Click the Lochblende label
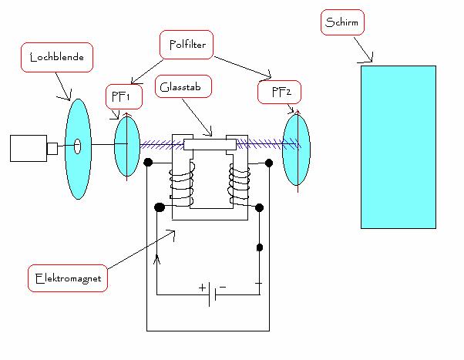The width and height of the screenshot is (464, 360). (57, 57)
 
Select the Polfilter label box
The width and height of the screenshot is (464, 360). (187, 45)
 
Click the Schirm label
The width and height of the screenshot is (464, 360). (342, 22)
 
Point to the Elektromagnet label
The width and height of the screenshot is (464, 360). (68, 278)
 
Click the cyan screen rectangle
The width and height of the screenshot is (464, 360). (398, 147)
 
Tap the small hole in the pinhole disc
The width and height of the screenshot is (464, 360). (77, 146)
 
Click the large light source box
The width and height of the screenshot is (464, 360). (29, 148)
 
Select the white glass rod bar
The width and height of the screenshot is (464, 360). (210, 144)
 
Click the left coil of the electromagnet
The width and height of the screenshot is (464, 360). (181, 184)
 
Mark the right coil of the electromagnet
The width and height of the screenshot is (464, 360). (239, 185)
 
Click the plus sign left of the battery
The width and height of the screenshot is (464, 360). (203, 288)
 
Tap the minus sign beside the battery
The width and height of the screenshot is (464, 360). (223, 287)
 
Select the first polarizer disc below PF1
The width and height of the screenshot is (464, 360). (127, 146)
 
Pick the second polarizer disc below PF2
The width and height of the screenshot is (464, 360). (297, 150)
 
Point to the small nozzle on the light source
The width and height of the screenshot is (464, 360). (52, 149)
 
